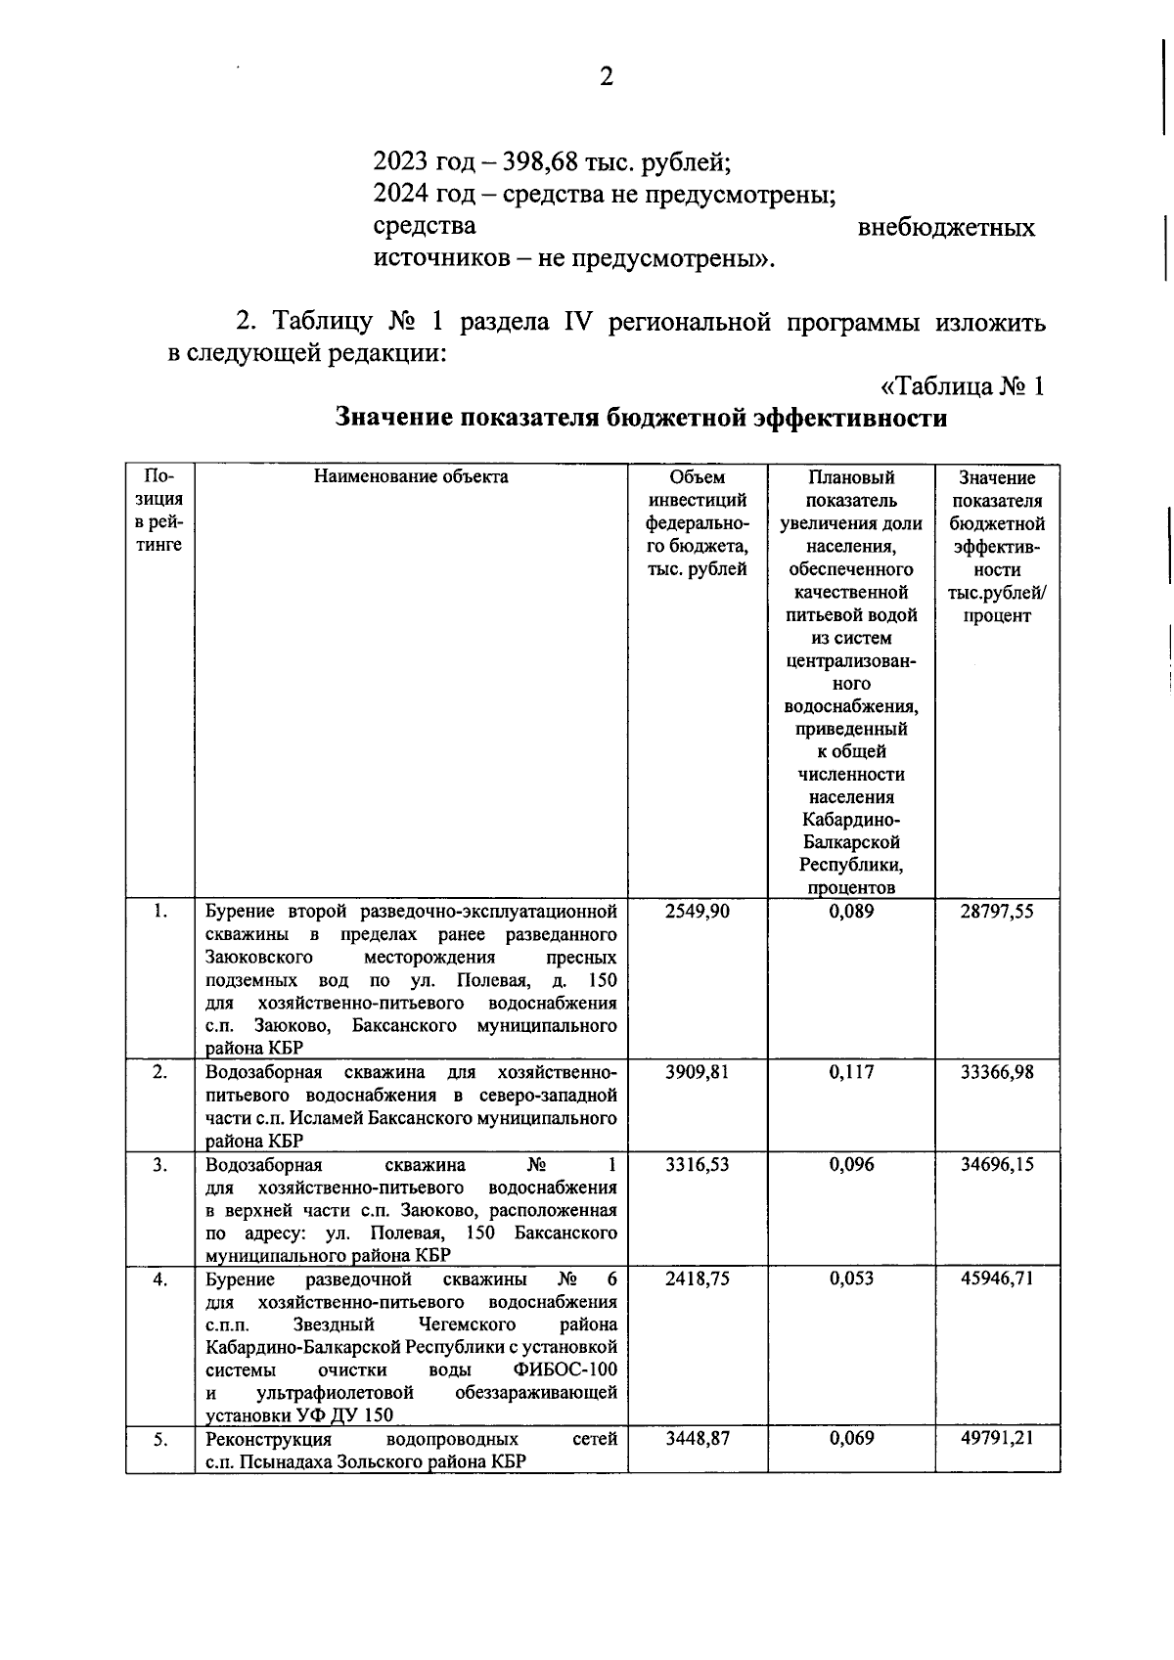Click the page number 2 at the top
[606, 77]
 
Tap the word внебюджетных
[946, 228]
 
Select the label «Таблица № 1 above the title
[956, 385]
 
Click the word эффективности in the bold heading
[848, 418]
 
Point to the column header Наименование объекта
[411, 477]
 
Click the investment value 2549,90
[697, 911]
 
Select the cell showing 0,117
[851, 1072]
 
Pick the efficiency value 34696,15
[997, 1164]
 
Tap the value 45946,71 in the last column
[997, 1279]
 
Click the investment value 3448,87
[697, 1439]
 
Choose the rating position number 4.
[159, 1279]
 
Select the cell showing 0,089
[851, 911]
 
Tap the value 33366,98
[997, 1072]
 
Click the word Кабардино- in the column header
[851, 820]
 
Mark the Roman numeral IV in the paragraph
[573, 322]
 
